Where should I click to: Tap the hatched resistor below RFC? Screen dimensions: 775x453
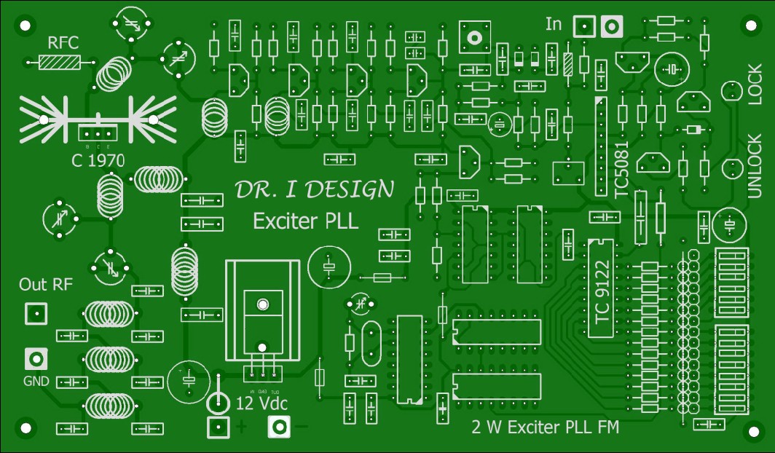[x=61, y=63]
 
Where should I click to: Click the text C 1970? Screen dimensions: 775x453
[x=98, y=160]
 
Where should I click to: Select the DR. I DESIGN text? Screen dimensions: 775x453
[x=314, y=190]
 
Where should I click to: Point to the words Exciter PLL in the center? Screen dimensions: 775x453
[x=305, y=221]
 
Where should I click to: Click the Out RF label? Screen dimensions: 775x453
[x=46, y=284]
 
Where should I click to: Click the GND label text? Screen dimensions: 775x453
[x=37, y=381]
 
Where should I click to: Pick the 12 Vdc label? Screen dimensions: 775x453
[x=262, y=403]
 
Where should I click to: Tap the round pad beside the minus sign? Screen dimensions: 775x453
[x=279, y=428]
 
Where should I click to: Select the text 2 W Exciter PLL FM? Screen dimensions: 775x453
[x=546, y=428]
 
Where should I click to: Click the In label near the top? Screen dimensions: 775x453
[x=554, y=25]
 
